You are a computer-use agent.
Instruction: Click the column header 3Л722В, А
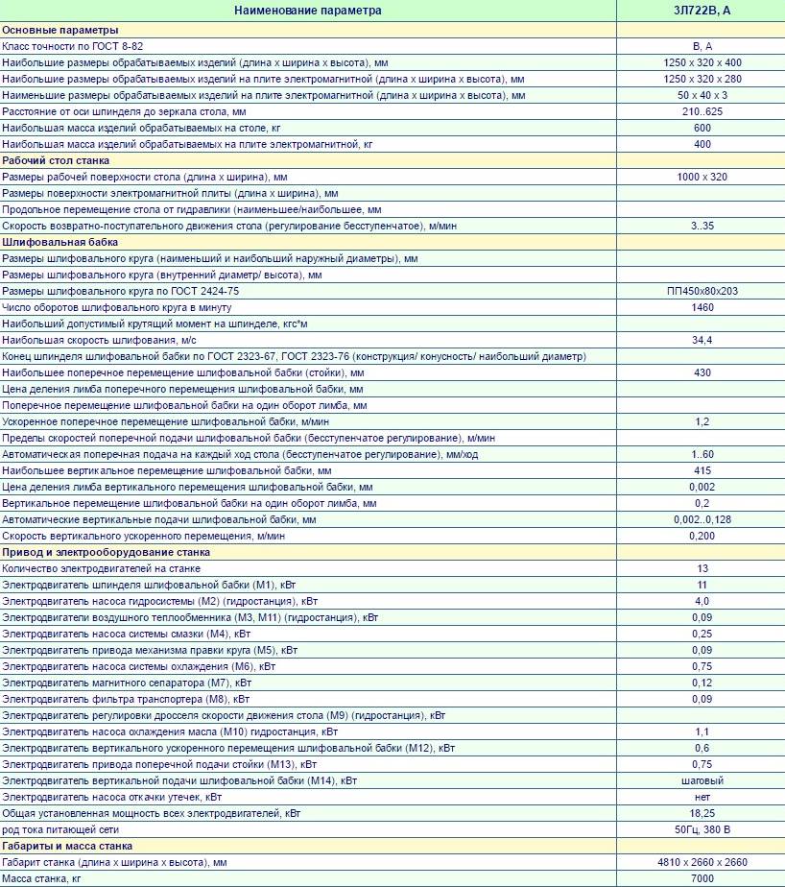click(x=701, y=11)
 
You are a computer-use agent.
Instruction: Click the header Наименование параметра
click(x=308, y=11)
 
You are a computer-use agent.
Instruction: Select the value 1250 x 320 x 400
click(x=702, y=62)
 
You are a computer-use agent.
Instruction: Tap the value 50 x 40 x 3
click(x=702, y=95)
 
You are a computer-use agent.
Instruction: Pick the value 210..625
click(x=702, y=111)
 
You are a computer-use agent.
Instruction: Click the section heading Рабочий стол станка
click(x=56, y=160)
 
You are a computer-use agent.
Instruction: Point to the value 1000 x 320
click(x=702, y=177)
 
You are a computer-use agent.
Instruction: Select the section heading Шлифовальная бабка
click(x=54, y=242)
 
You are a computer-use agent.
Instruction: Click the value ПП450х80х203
click(x=702, y=291)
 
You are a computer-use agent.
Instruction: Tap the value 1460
click(x=702, y=307)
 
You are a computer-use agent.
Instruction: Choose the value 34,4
click(x=702, y=340)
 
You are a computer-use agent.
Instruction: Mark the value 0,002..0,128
click(x=702, y=519)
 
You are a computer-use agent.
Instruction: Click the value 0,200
click(x=702, y=536)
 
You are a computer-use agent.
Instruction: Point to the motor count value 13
click(x=702, y=568)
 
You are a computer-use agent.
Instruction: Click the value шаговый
click(x=702, y=780)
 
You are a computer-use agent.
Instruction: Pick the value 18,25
click(x=702, y=813)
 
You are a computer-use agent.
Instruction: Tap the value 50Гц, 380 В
click(x=702, y=829)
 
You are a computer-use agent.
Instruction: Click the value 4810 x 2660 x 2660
click(x=702, y=862)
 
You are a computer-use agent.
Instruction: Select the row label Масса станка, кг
click(x=42, y=878)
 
